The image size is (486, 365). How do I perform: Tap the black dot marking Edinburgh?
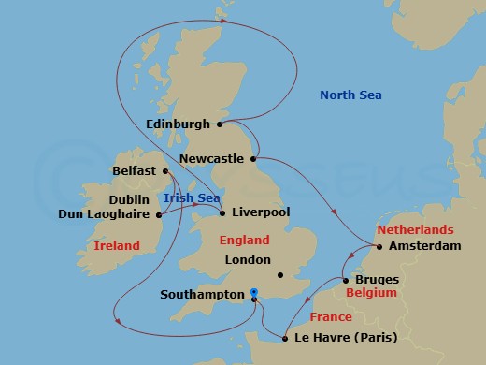(220, 124)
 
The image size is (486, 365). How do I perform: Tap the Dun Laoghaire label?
(105, 214)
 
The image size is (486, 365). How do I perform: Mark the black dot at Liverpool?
(222, 213)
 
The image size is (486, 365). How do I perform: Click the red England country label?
(243, 241)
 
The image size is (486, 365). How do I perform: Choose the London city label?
(248, 260)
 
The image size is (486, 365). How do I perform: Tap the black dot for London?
(280, 274)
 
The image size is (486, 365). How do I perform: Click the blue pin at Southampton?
(254, 294)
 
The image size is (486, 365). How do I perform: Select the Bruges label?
(379, 279)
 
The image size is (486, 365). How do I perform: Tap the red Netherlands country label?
(414, 229)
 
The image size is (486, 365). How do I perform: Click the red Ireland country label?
(117, 246)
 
